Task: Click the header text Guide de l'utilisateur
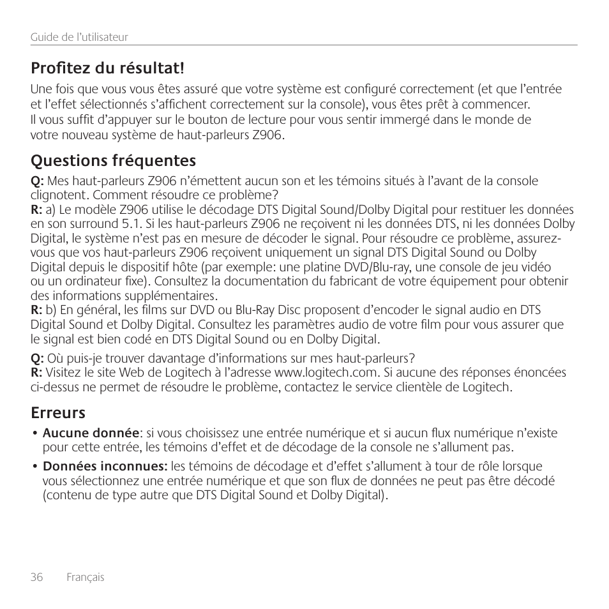(x=79, y=37)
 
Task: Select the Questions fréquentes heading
(x=114, y=160)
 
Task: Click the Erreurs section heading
(x=58, y=412)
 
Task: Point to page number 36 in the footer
(x=36, y=577)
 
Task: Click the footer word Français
(x=86, y=577)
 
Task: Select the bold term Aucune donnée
(x=91, y=433)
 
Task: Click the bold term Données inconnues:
(x=105, y=467)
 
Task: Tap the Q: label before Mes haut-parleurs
(x=38, y=181)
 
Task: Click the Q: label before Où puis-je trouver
(x=38, y=357)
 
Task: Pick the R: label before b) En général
(x=37, y=310)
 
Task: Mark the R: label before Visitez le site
(x=37, y=373)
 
